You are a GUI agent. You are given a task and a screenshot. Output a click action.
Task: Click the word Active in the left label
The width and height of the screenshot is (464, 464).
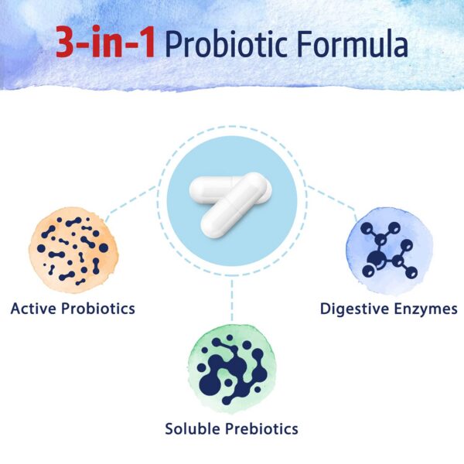[36, 309]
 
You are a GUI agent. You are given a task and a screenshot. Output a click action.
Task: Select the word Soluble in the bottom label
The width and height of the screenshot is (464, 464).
[194, 428]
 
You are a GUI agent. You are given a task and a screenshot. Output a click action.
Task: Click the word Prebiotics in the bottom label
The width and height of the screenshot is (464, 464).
[263, 428]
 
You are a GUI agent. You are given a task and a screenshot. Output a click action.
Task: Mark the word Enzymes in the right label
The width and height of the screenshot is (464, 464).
[426, 309]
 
